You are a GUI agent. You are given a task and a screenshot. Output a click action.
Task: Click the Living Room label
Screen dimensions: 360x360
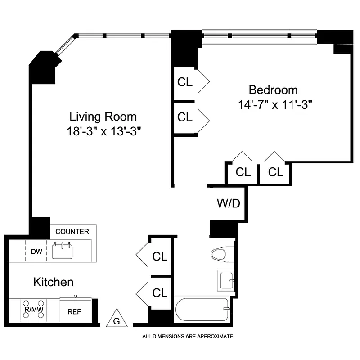103,117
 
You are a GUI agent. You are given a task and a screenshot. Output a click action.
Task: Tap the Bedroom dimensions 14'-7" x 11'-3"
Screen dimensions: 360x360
275,104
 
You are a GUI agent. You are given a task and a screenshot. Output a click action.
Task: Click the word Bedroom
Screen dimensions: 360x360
273,90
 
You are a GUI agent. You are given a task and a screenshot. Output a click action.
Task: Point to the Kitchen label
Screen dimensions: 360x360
53,282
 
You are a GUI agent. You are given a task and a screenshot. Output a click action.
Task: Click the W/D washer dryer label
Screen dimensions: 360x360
229,203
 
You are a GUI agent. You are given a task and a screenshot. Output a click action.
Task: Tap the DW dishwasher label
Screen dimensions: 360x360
36,252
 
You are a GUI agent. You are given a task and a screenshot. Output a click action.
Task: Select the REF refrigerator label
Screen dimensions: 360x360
74,311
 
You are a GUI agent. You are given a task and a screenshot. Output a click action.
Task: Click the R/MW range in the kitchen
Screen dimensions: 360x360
34,309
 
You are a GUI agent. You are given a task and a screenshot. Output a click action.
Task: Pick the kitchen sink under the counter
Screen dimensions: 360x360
63,251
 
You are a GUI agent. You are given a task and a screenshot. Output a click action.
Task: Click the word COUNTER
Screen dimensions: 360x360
72,232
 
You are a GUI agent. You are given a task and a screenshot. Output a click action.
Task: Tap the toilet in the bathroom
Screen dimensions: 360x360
222,254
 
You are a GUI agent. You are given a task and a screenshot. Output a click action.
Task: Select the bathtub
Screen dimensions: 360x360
202,309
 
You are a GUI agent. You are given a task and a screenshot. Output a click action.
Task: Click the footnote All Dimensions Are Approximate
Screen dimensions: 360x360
188,336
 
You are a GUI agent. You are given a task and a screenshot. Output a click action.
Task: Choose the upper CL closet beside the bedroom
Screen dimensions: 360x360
185,82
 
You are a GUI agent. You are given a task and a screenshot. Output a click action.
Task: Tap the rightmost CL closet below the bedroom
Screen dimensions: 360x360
275,172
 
